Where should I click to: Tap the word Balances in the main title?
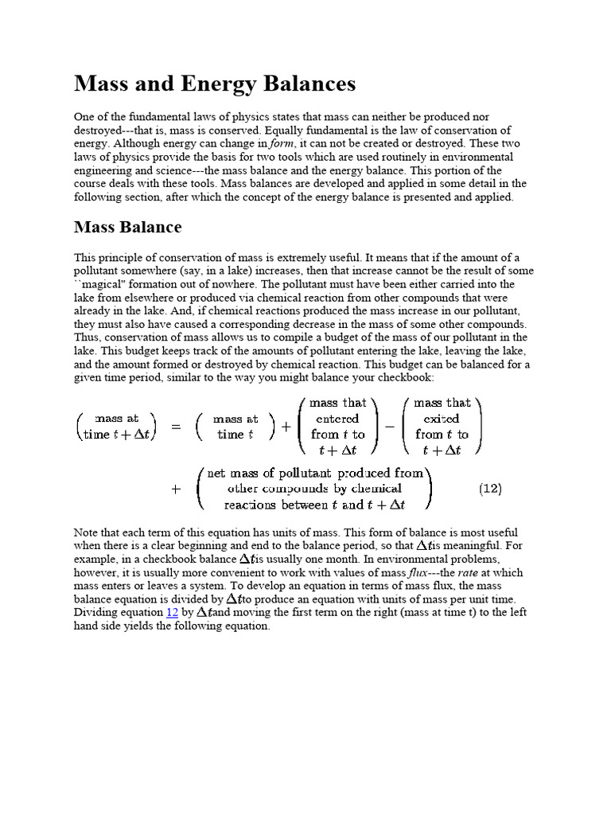pyautogui.click(x=310, y=84)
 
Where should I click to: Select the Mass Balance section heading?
pyautogui.click(x=127, y=227)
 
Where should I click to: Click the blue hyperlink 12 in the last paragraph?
pyautogui.click(x=172, y=612)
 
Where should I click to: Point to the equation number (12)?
pyautogui.click(x=490, y=489)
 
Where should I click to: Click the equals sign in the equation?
pyautogui.click(x=176, y=427)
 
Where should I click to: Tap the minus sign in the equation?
pyautogui.click(x=390, y=427)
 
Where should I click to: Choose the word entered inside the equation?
pyautogui.click(x=337, y=419)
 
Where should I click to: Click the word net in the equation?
pyautogui.click(x=216, y=473)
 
